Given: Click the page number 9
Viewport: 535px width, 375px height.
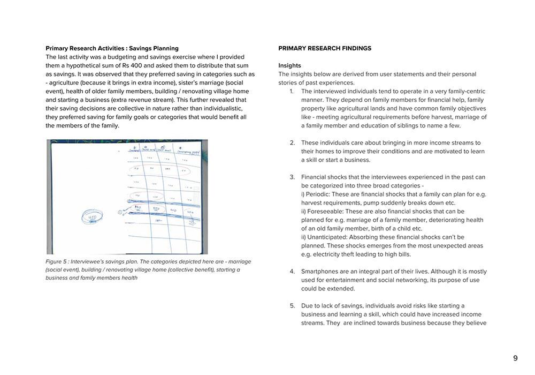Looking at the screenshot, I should coord(515,358).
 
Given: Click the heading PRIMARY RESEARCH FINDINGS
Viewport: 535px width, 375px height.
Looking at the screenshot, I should coord(324,48).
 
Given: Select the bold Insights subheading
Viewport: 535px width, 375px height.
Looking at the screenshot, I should coord(289,65).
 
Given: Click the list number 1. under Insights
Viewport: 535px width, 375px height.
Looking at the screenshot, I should coord(292,91).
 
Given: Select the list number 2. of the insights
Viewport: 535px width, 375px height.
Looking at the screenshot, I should coord(292,143).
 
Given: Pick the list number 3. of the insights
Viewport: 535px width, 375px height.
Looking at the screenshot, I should coord(292,177).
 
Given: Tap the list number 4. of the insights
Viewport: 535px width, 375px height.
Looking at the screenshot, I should coord(292,272).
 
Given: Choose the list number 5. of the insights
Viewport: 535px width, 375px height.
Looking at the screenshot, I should coord(292,306).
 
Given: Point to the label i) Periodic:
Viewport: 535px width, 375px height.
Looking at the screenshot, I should coord(319,194).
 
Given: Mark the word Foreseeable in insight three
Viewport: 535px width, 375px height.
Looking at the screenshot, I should coord(327,212).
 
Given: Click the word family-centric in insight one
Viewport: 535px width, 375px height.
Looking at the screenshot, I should coord(462,91).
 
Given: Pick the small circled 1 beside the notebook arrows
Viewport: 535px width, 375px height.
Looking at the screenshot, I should coord(120,212).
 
